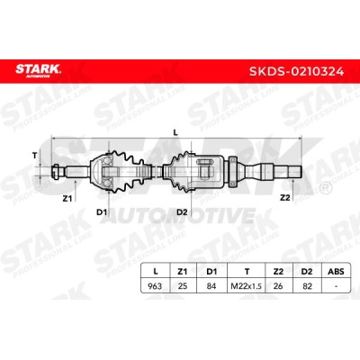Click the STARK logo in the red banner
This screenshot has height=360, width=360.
(38, 71)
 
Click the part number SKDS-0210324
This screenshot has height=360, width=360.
(297, 71)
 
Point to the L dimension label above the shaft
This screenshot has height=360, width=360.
(175, 133)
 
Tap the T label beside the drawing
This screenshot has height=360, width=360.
(35, 156)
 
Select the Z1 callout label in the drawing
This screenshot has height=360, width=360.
(67, 198)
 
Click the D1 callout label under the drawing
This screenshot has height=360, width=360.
(102, 212)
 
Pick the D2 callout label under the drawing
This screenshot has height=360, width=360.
(182, 212)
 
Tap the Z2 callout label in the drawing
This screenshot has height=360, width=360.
(285, 198)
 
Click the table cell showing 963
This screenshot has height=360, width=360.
(155, 286)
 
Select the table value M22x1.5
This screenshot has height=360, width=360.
(247, 286)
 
